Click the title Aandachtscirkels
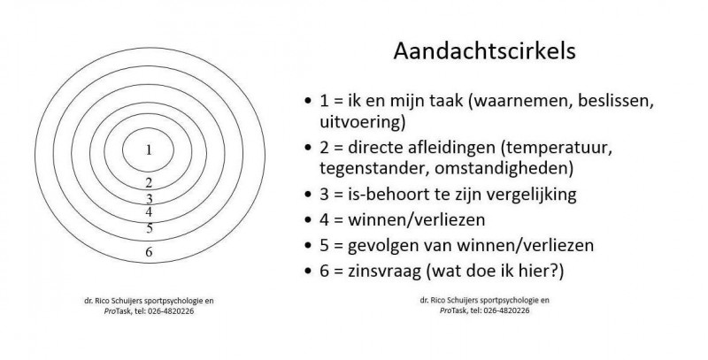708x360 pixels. click(484, 51)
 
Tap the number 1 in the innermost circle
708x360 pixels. click(149, 150)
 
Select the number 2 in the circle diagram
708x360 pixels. click(149, 183)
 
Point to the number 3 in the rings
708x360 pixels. click(149, 199)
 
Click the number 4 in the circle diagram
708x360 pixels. click(149, 211)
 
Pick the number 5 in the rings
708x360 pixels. click(150, 228)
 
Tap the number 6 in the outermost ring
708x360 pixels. click(149, 252)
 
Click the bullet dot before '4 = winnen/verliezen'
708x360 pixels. click(308, 220)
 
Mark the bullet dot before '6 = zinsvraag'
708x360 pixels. click(308, 272)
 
